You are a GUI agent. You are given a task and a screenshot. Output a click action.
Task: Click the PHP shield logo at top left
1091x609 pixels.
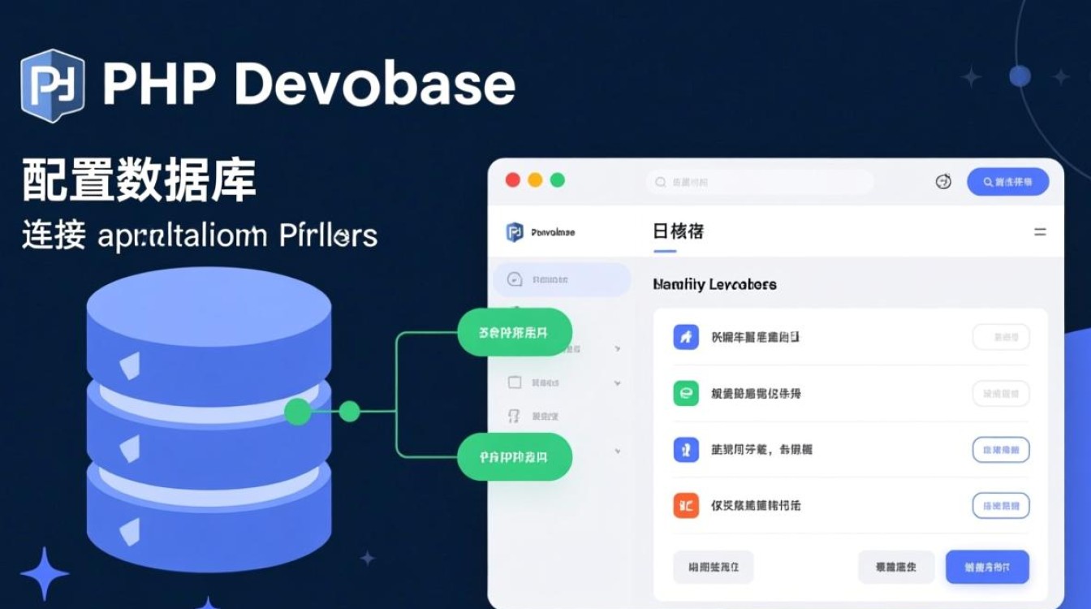[x=53, y=85]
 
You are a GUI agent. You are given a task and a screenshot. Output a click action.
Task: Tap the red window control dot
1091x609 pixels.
[x=513, y=180]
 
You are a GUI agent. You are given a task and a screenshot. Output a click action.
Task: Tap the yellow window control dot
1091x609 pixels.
[x=535, y=180]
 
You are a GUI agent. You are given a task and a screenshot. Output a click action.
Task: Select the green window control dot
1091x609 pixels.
[x=557, y=180]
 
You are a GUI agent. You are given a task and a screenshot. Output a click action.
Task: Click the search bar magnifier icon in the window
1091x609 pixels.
[x=661, y=183]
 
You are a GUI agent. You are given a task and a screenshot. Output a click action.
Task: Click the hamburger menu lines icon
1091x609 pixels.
[x=1040, y=232]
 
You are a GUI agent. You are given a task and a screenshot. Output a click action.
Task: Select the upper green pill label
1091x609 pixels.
[x=515, y=332]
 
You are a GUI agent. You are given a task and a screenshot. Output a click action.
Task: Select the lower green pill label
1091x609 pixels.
[x=515, y=457]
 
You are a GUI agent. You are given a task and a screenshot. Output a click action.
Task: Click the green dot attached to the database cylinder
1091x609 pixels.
[x=298, y=412]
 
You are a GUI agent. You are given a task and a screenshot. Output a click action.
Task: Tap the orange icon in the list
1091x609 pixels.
[x=686, y=506]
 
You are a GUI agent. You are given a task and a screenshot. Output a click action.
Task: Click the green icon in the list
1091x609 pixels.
[x=686, y=394]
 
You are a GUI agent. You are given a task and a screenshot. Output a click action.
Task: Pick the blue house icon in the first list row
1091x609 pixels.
[x=686, y=337]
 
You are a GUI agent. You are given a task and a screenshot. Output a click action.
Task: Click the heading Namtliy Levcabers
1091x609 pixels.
[x=714, y=284]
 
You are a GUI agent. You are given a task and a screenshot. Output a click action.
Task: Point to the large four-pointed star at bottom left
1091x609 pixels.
[x=44, y=573]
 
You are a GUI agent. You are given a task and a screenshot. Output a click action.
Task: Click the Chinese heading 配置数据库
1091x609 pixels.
[x=139, y=180]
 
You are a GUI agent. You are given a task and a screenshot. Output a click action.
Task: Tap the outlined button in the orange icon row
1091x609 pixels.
[x=1001, y=506]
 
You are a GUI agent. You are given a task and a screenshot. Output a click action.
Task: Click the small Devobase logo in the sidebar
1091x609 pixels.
[x=515, y=232]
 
